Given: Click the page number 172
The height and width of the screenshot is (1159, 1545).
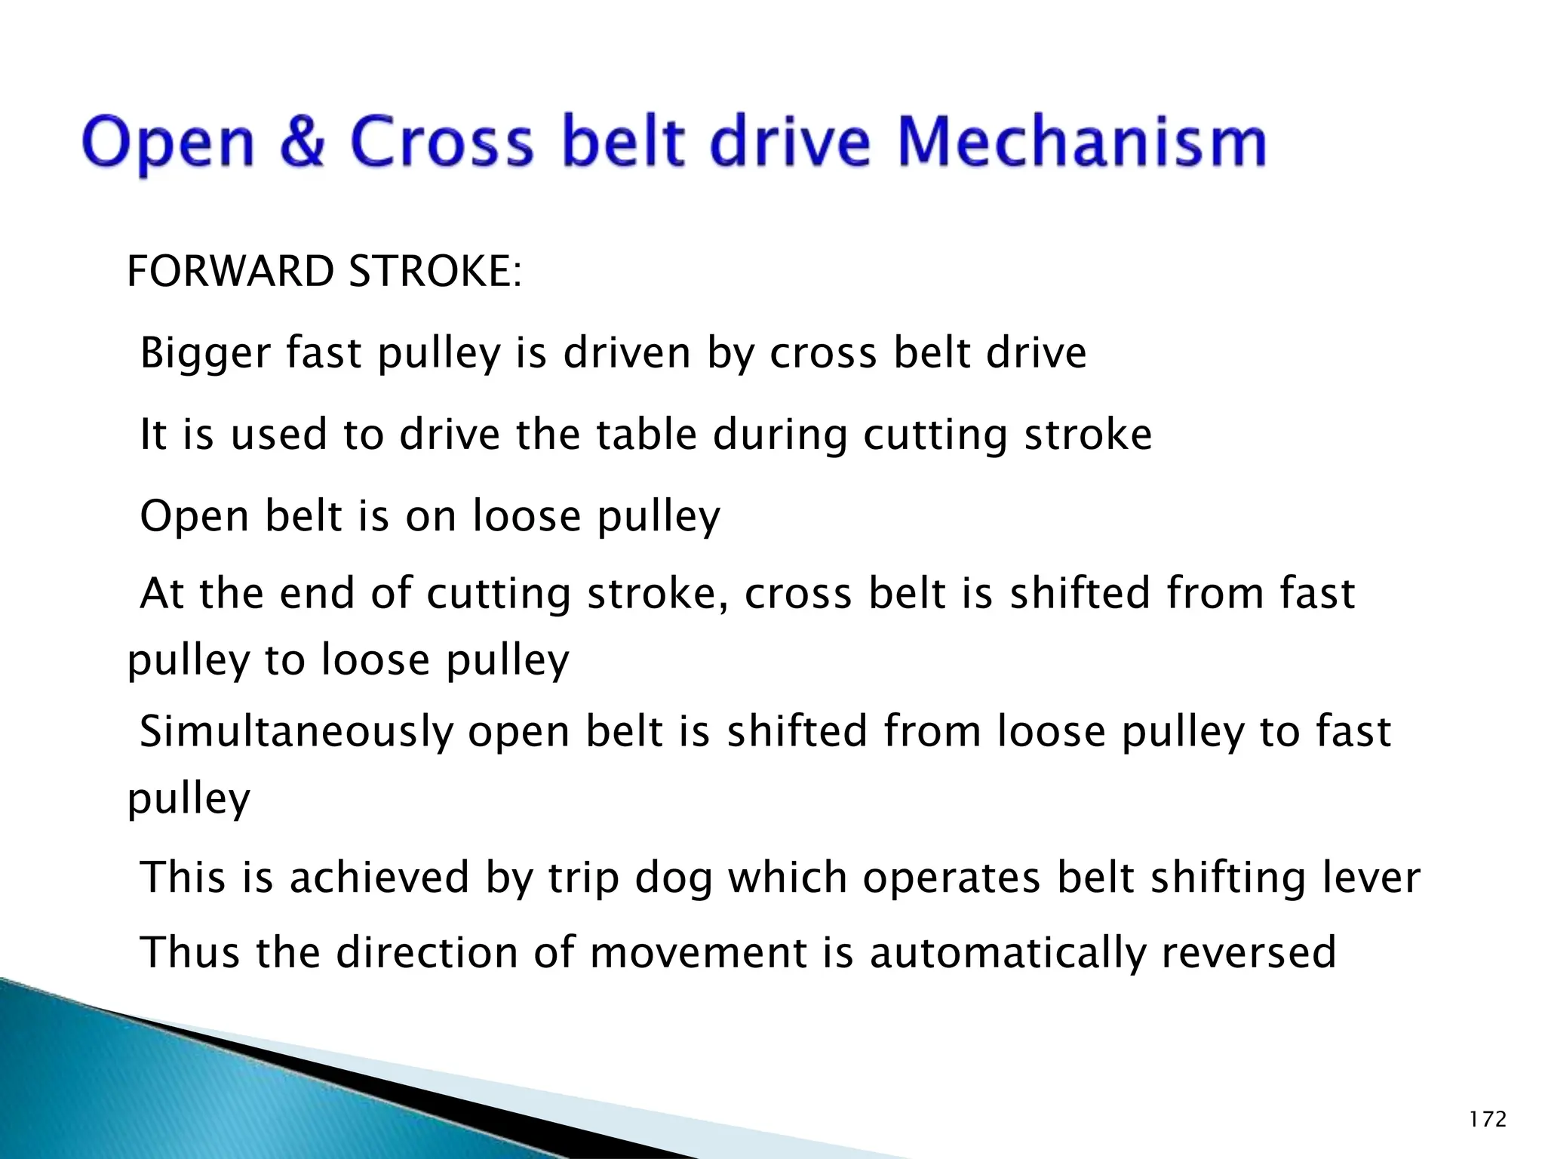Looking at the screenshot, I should pyautogui.click(x=1488, y=1119).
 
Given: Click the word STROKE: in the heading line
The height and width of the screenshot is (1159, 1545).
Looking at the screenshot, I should pyautogui.click(x=435, y=272).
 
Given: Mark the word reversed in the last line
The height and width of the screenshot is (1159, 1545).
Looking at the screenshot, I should pyautogui.click(x=1249, y=952).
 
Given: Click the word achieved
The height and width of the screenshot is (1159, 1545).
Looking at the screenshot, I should pyautogui.click(x=379, y=878).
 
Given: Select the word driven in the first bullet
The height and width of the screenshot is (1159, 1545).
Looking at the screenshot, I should pyautogui.click(x=626, y=353).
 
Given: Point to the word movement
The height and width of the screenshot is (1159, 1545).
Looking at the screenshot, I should pyautogui.click(x=698, y=953).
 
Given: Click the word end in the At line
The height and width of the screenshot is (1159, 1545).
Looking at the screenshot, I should pyautogui.click(x=317, y=594).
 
